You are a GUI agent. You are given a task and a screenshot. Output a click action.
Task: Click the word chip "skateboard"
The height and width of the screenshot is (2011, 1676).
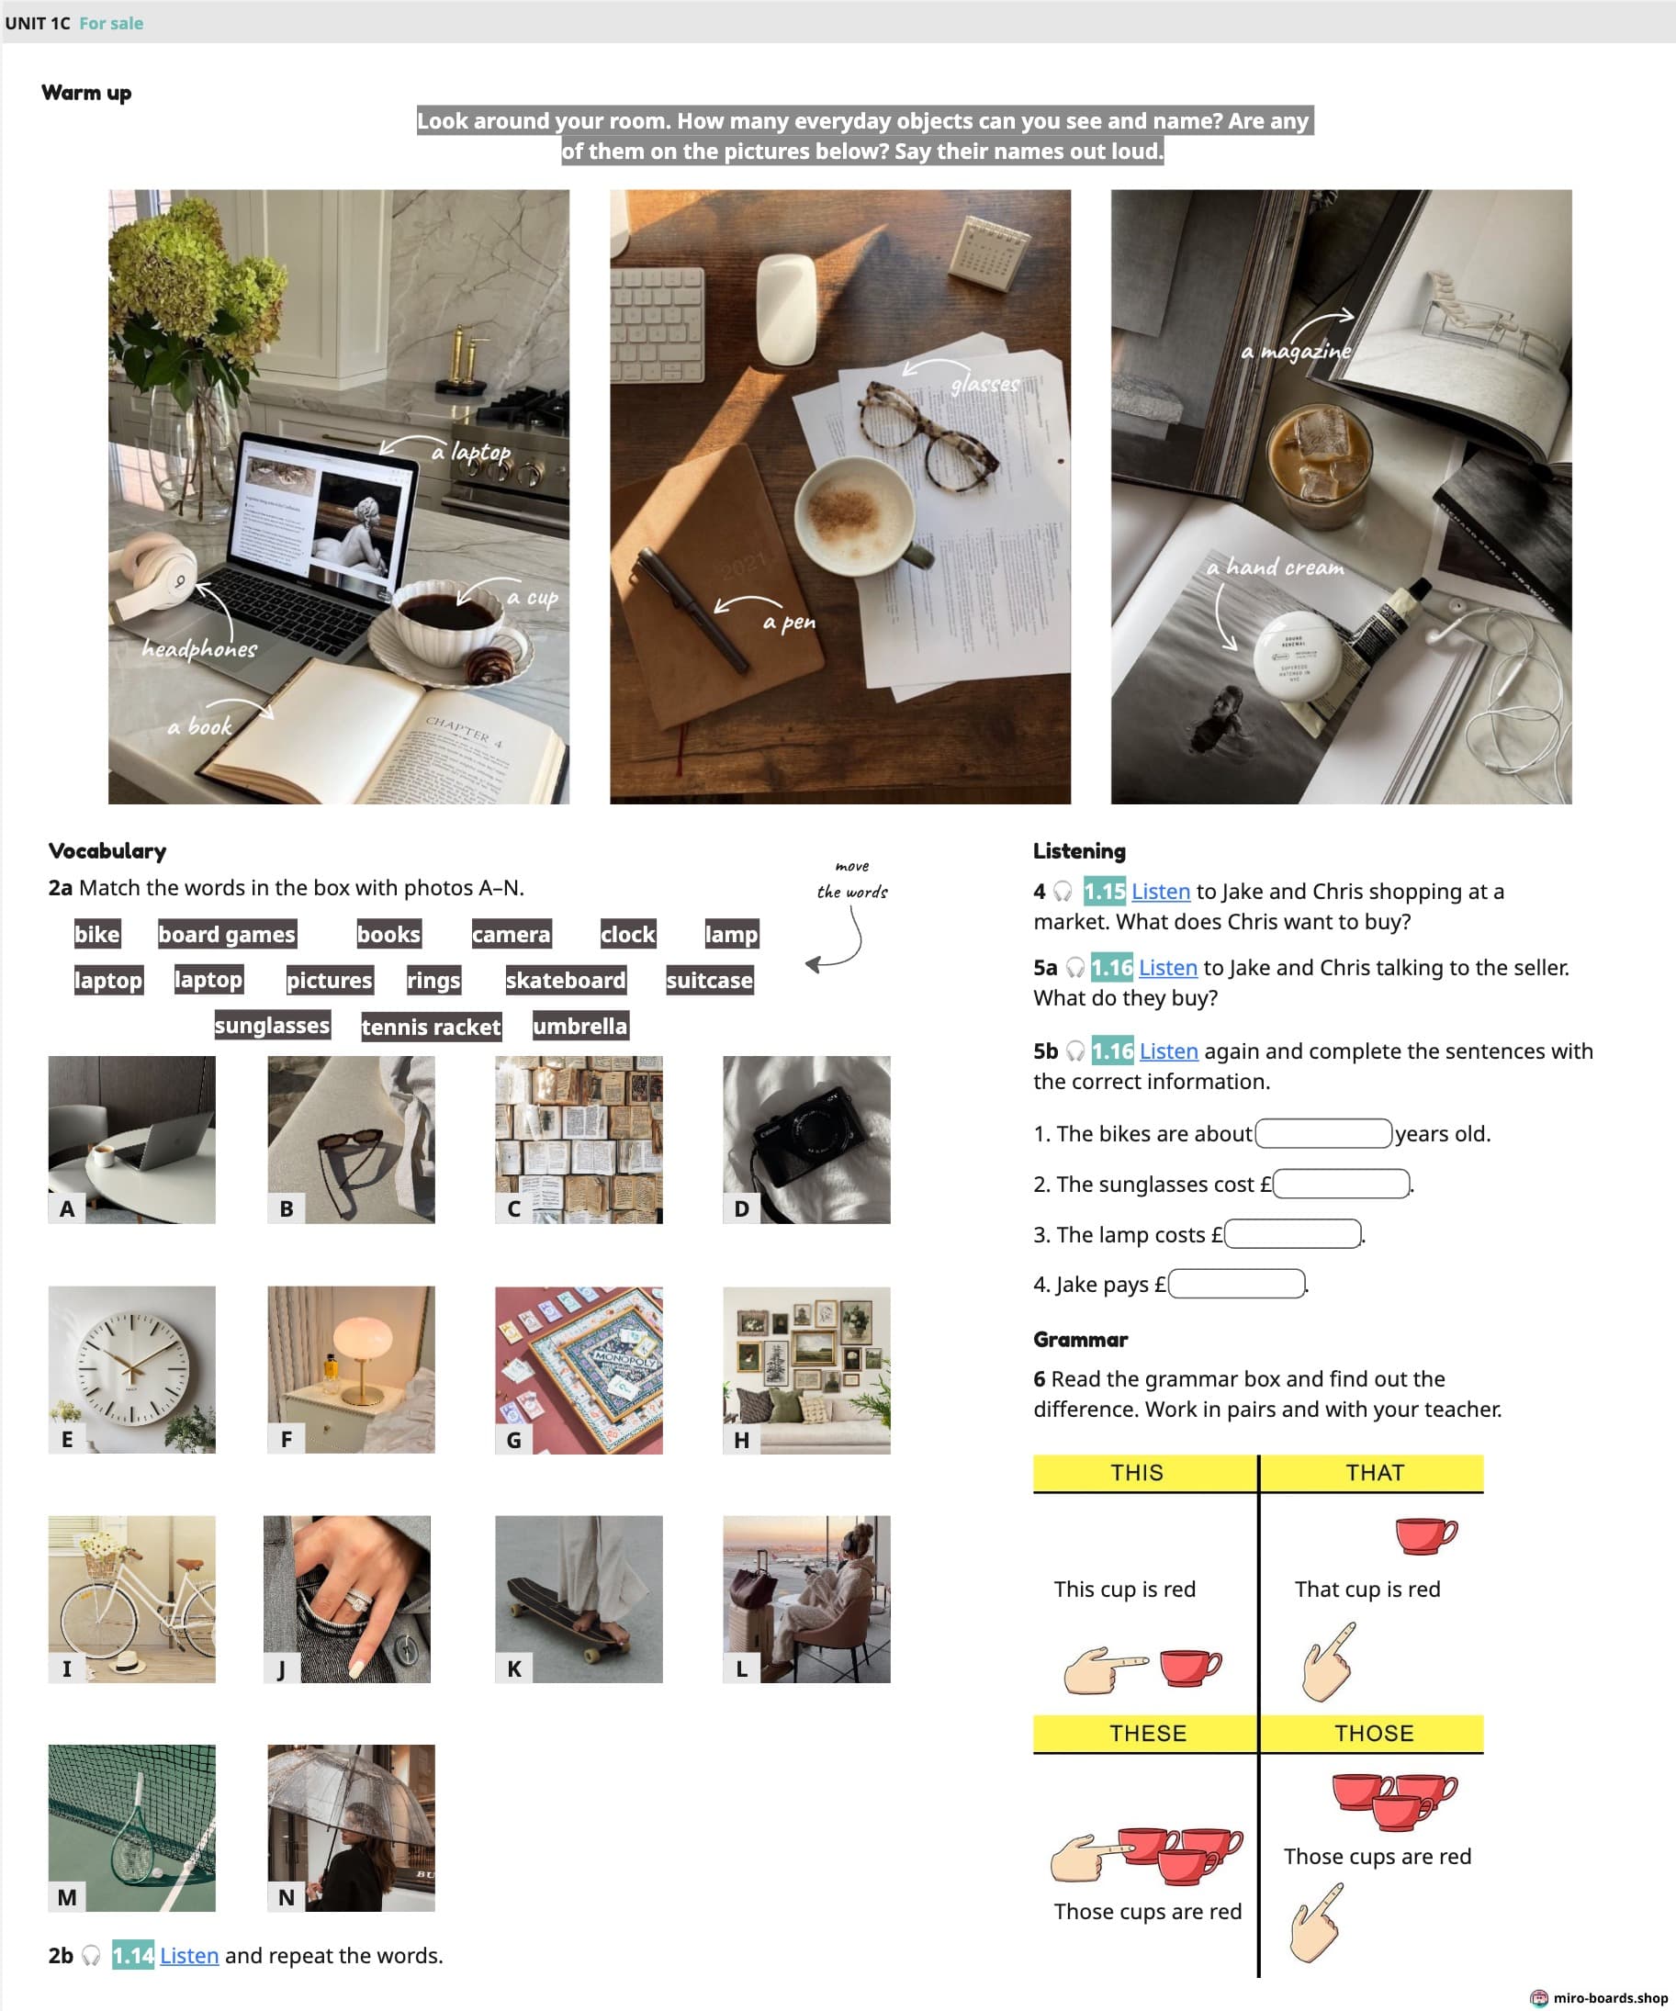[x=565, y=980]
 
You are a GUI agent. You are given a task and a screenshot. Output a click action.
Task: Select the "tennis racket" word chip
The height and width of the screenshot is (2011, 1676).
[x=431, y=1027]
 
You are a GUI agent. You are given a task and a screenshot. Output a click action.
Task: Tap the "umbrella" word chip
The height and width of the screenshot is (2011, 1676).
[x=580, y=1026]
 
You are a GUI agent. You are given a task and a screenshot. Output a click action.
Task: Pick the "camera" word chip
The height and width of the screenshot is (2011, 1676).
[x=512, y=934]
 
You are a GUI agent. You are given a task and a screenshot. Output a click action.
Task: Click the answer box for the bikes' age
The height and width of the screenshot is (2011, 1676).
[x=1323, y=1133]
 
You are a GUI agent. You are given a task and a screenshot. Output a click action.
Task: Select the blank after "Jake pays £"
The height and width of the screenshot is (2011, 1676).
[x=1237, y=1283]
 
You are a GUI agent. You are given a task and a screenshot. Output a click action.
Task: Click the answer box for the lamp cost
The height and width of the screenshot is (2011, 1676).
[x=1293, y=1233]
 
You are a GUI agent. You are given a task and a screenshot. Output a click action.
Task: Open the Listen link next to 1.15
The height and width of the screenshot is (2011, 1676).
[x=1161, y=891]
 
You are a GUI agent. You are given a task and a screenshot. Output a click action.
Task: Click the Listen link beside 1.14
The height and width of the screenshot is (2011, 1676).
[x=189, y=1956]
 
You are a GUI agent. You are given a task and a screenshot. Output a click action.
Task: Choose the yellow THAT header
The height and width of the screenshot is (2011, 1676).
[x=1372, y=1473]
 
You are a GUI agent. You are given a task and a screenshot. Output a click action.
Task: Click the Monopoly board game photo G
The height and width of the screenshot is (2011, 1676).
[x=579, y=1369]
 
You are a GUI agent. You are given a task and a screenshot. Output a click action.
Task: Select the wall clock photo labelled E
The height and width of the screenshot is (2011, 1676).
[x=132, y=1369]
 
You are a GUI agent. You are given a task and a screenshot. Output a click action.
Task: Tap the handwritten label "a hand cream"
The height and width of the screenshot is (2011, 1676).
[x=1275, y=567]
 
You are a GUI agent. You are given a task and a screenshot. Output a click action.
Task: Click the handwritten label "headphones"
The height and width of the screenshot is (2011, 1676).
[x=199, y=648]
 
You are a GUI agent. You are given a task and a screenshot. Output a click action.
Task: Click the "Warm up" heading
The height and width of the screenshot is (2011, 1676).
[x=86, y=93]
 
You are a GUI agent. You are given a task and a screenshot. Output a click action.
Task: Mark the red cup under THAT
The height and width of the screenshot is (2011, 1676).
[x=1426, y=1535]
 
